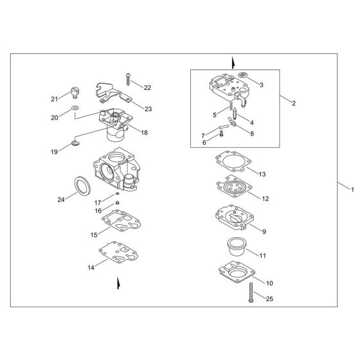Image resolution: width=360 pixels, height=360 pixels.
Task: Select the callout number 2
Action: (293, 103)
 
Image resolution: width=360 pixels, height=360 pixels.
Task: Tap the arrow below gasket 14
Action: (118, 282)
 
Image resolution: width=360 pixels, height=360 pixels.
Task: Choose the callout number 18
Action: (144, 132)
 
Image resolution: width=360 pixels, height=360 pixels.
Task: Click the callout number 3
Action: (261, 84)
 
